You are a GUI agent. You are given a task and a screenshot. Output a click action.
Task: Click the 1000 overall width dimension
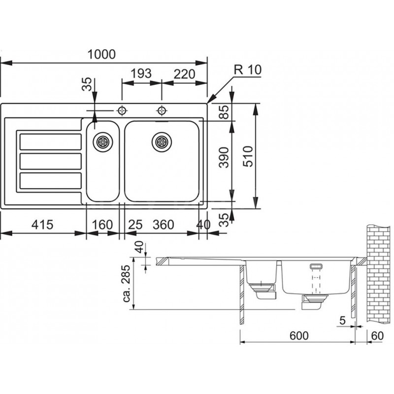[x=101, y=55]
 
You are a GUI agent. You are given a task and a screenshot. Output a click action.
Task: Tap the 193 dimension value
[x=141, y=73]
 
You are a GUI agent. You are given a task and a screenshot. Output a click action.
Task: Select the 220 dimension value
[x=184, y=74]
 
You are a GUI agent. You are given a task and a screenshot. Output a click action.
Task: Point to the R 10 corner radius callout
[x=248, y=69]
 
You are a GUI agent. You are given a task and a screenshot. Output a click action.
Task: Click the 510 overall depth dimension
[x=248, y=156]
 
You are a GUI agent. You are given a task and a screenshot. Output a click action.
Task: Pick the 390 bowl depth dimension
[x=224, y=158]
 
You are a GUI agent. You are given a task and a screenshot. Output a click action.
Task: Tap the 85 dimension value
[x=224, y=112]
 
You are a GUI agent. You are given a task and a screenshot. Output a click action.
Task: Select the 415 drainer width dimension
[x=42, y=225]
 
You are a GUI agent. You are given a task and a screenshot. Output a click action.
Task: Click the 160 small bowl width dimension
[x=102, y=225]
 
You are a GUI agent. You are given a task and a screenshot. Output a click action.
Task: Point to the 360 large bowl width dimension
[x=164, y=225]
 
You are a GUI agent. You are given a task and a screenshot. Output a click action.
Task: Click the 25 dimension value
[x=135, y=225]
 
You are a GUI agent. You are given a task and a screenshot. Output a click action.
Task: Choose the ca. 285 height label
[x=127, y=284]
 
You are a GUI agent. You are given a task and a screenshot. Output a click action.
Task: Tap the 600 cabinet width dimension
[x=299, y=336]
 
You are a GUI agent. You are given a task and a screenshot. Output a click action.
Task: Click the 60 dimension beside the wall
[x=377, y=336]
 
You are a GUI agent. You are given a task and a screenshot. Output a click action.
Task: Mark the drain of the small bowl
[x=103, y=142]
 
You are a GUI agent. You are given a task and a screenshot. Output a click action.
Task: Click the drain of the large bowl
[x=162, y=142]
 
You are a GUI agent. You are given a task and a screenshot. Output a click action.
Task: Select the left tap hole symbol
[x=122, y=110]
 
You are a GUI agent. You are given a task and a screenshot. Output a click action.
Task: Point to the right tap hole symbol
[x=162, y=110]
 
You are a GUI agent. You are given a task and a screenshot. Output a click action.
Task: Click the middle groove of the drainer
[x=51, y=162]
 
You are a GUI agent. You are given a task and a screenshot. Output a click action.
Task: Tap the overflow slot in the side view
[x=316, y=266]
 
